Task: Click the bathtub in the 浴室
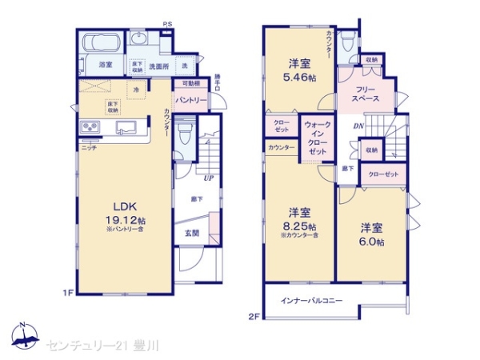point(102,44)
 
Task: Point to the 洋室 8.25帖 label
point(299,219)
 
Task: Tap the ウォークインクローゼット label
point(318,138)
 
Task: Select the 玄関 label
point(192,234)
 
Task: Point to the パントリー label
point(191,101)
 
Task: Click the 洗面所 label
point(158,66)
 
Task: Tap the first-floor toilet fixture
point(184,133)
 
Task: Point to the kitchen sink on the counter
point(126,128)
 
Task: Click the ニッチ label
point(90,147)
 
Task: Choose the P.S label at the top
point(167,24)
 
